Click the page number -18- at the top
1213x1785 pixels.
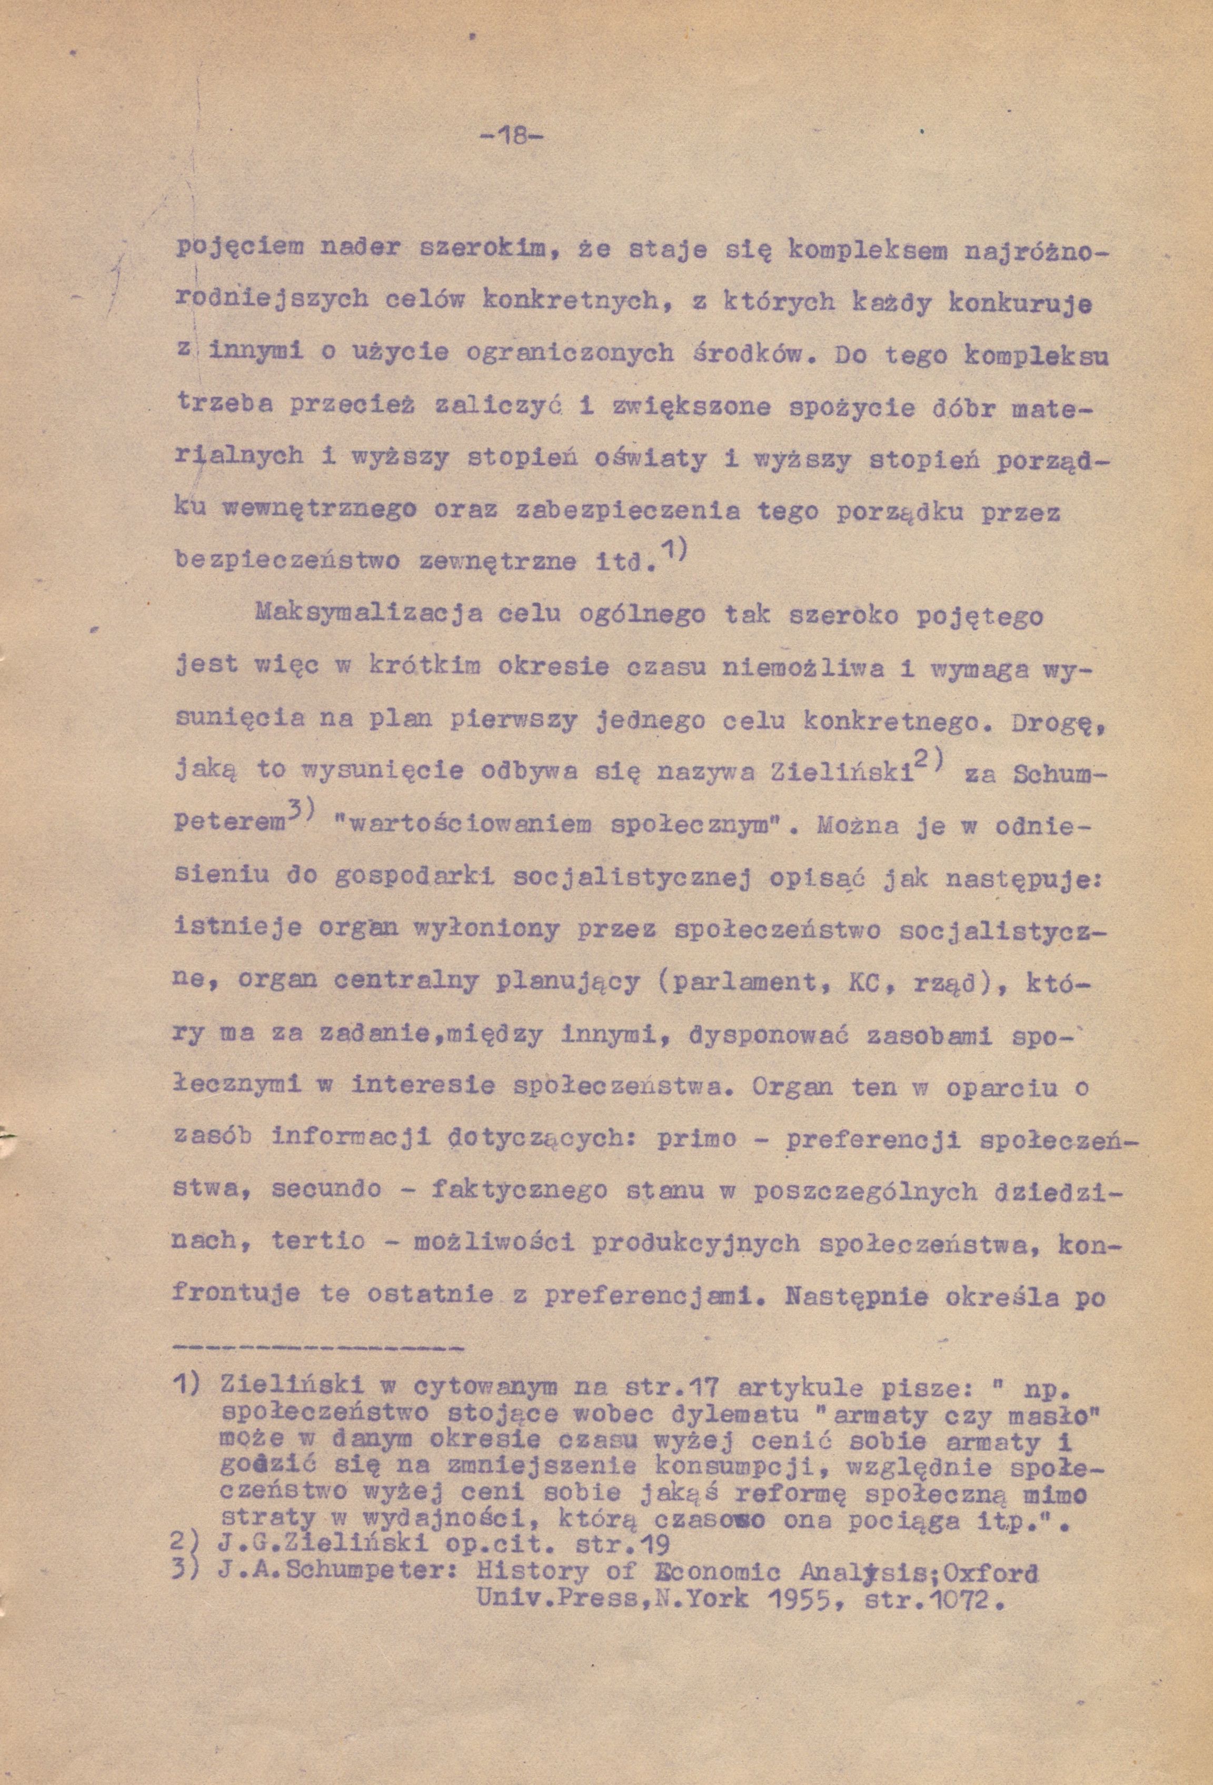(x=510, y=137)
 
